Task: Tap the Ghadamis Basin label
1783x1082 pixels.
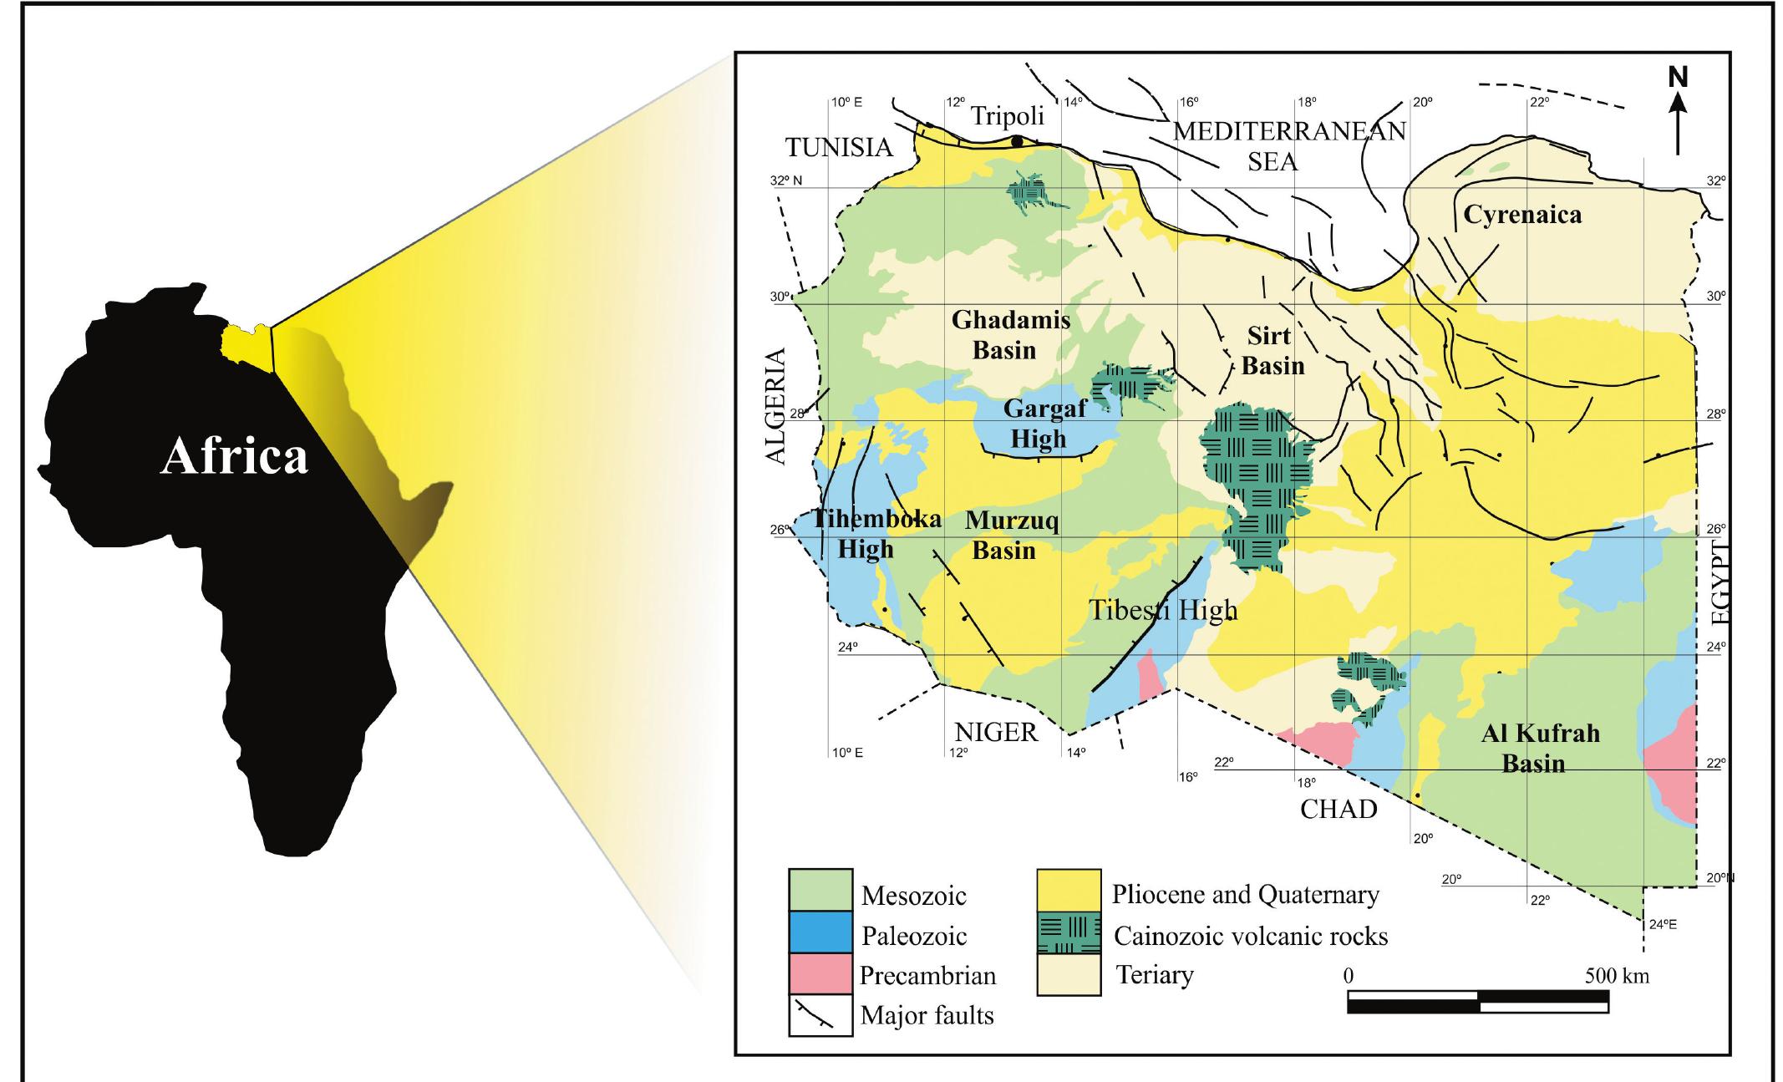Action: tap(1011, 334)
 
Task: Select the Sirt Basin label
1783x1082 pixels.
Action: tap(1272, 351)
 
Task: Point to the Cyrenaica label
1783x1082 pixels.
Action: tap(1522, 215)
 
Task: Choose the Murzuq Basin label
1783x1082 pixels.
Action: tap(1011, 536)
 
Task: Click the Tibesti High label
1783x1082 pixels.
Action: tap(1163, 610)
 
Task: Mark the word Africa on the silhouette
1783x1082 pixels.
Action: tap(234, 457)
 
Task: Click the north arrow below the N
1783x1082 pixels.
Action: tap(1678, 125)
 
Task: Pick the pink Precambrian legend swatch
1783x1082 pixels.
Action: tap(820, 974)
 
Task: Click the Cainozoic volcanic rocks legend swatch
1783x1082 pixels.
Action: tap(1069, 934)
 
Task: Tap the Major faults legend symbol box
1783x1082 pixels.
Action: tap(820, 1015)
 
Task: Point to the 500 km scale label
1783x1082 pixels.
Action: tap(1616, 975)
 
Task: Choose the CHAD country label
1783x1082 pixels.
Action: tap(1339, 809)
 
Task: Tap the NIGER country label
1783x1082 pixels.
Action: tap(996, 732)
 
